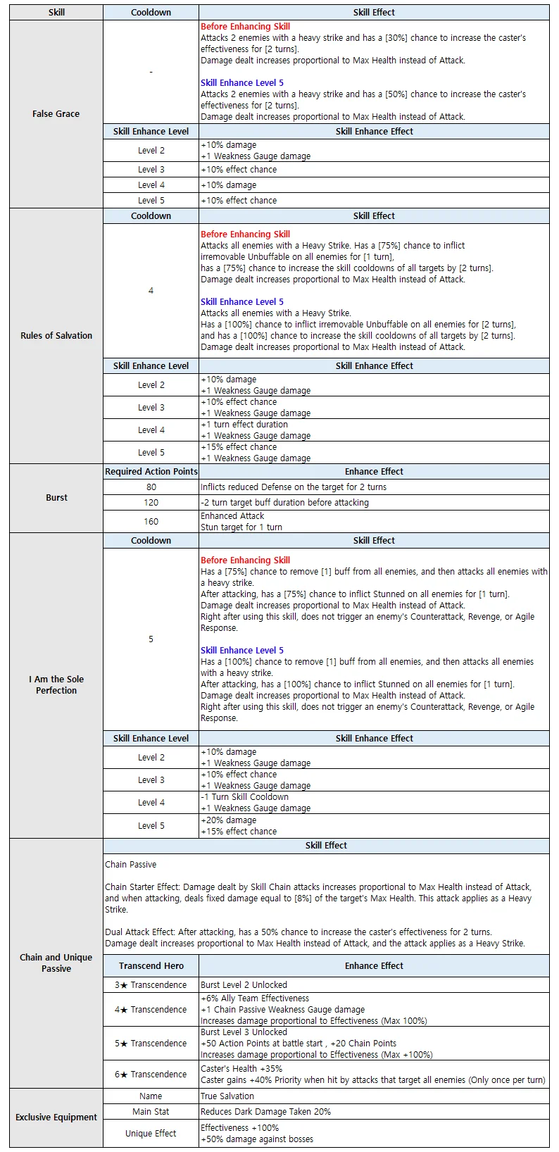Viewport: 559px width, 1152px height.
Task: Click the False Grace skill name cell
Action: coord(56,113)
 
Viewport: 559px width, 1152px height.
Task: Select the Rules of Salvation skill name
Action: coord(56,335)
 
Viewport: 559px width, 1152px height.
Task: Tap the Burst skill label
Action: coord(56,497)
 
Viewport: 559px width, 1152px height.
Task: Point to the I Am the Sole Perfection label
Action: coord(56,684)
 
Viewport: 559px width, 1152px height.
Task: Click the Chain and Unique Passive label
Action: coord(56,963)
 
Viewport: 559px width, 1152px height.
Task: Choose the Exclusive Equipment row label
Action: coord(56,1117)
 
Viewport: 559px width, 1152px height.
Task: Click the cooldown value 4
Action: coord(151,290)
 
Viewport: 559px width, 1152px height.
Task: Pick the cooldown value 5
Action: coord(151,639)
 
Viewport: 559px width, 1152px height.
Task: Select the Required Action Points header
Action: coord(151,471)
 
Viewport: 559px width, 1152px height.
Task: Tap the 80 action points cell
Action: coord(151,487)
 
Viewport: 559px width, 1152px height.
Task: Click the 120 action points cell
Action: coord(151,502)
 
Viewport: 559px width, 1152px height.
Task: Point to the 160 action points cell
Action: coord(151,521)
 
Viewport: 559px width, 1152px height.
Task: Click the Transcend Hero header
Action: coord(151,965)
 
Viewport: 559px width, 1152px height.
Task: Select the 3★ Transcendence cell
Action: coord(151,984)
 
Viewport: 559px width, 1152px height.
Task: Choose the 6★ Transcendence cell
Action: coord(151,1074)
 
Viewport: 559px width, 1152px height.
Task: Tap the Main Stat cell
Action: coord(151,1111)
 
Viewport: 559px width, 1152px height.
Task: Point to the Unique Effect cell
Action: coord(151,1133)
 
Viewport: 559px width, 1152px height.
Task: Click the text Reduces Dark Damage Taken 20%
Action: coord(265,1111)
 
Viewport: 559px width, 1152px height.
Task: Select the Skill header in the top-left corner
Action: coord(56,12)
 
